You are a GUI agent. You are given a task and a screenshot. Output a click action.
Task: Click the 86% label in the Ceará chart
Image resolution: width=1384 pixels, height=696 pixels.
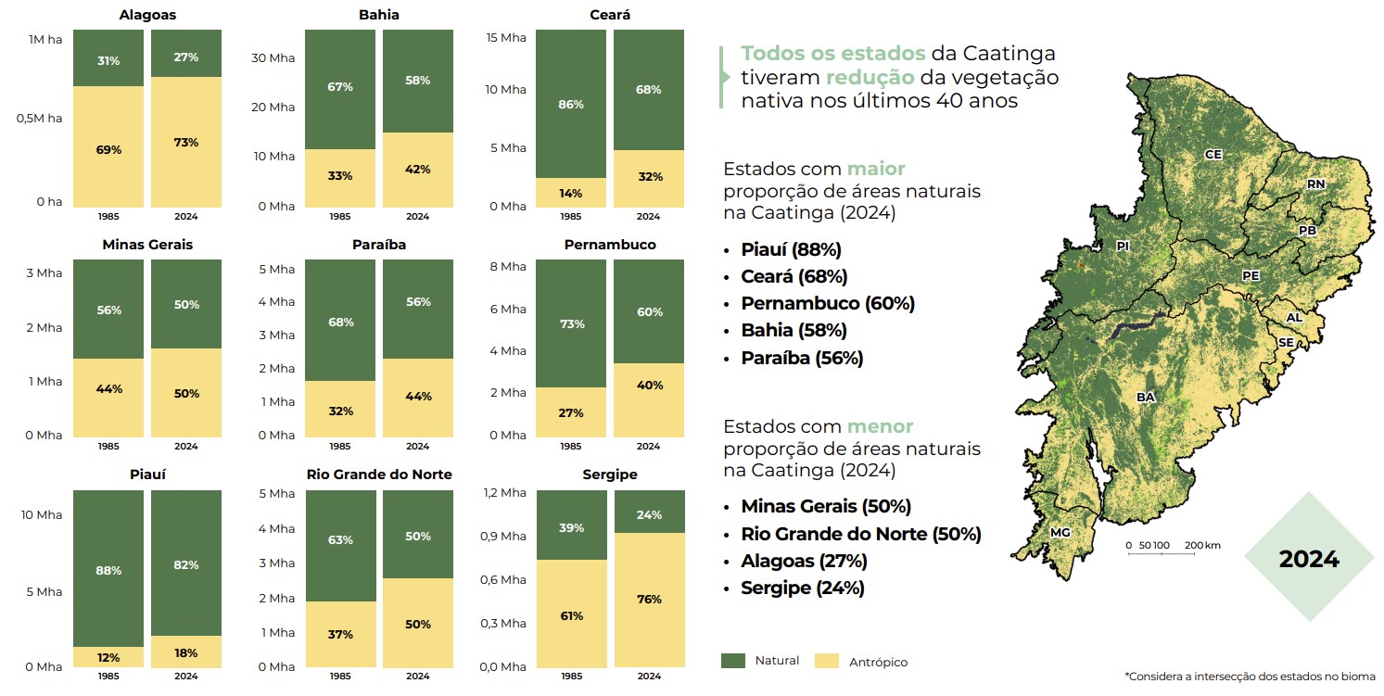(571, 105)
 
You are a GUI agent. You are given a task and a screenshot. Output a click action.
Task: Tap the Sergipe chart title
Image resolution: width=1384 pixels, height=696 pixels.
(609, 475)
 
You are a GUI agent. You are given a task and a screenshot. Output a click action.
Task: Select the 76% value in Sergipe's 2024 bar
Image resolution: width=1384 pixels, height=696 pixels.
(649, 600)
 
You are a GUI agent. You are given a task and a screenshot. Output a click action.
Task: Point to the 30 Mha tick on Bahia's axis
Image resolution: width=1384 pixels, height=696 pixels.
(273, 57)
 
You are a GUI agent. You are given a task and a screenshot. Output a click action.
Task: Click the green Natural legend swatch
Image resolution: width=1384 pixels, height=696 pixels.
(733, 661)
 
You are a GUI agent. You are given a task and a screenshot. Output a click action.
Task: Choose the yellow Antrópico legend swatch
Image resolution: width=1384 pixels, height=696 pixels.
(826, 661)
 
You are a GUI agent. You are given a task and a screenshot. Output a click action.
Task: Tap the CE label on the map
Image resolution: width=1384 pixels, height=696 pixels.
(1213, 155)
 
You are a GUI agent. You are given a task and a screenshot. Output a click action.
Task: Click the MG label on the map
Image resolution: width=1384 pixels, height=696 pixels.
(1060, 533)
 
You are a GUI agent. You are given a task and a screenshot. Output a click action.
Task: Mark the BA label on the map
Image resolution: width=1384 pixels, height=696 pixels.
(1146, 397)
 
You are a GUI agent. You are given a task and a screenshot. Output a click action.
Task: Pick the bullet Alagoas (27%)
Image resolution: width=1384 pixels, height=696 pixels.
(804, 561)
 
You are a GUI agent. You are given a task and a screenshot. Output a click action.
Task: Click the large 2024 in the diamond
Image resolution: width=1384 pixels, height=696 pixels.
(1309, 559)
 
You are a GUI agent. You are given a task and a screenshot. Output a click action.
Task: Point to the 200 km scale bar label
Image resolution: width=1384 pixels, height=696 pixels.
(1202, 545)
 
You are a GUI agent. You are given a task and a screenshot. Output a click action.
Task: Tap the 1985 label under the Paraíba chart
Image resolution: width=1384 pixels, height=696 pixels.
(340, 447)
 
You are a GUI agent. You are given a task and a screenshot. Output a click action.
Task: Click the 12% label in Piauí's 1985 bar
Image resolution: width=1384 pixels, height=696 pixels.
(108, 658)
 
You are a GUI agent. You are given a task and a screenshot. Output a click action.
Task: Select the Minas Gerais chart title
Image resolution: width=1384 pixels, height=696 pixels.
(147, 245)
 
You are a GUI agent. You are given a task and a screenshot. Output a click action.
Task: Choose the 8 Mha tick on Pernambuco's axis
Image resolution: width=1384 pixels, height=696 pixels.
(507, 267)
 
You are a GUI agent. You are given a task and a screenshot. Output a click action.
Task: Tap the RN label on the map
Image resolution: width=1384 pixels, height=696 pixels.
(1315, 184)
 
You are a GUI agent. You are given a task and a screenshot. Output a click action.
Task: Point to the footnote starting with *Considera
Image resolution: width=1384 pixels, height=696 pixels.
(1250, 677)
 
